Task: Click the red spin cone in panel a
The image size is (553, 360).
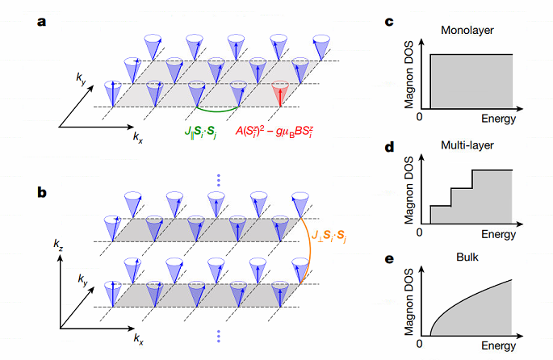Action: tap(280, 92)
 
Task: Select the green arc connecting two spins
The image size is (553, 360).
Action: tap(217, 111)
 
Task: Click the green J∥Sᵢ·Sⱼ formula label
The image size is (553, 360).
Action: tap(201, 132)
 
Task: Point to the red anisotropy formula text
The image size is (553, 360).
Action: tap(274, 132)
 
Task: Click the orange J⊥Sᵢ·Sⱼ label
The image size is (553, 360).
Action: tap(329, 236)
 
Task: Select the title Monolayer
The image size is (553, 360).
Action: tap(467, 31)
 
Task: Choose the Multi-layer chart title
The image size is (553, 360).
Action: tap(467, 145)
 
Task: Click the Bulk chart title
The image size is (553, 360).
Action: tap(467, 257)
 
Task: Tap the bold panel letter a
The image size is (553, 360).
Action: tap(41, 23)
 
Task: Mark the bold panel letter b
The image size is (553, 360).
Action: tap(42, 192)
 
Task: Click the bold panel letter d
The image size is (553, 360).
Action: tap(389, 147)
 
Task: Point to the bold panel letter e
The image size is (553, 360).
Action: tap(389, 259)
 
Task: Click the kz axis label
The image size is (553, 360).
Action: tap(58, 244)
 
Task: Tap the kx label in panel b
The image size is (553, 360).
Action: tap(139, 339)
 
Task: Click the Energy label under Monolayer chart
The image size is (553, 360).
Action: tap(498, 119)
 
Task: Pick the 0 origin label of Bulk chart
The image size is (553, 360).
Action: tap(419, 343)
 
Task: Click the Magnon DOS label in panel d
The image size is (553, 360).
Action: tap(408, 190)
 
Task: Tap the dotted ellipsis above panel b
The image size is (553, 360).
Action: tap(219, 180)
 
